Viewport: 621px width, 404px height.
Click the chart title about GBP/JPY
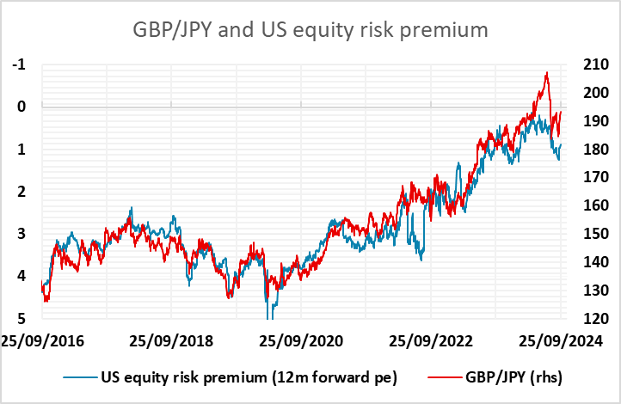(310, 30)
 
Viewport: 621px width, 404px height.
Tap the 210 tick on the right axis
(596, 64)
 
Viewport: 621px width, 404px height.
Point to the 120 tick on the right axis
(596, 318)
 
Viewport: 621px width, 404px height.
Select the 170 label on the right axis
(596, 177)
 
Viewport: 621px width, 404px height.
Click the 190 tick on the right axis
(596, 120)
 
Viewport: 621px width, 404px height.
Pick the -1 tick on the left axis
(19, 64)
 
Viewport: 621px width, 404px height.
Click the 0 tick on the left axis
(22, 107)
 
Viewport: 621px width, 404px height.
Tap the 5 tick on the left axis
(22, 318)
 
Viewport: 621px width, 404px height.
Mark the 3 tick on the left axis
(22, 234)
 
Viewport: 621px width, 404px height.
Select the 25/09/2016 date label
(42, 341)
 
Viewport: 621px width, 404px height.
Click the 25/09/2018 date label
(171, 341)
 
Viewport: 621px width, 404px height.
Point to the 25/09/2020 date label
(301, 341)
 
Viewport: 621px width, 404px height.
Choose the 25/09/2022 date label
(431, 341)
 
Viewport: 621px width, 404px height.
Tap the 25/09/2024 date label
(561, 341)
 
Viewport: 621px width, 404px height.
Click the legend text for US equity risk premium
(249, 377)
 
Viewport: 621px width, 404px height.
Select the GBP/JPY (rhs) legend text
(514, 377)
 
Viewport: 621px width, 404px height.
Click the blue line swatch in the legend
(80, 378)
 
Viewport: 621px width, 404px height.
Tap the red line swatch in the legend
(445, 378)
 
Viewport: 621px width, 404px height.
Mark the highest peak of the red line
(547, 72)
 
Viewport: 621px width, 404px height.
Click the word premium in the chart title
(444, 31)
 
